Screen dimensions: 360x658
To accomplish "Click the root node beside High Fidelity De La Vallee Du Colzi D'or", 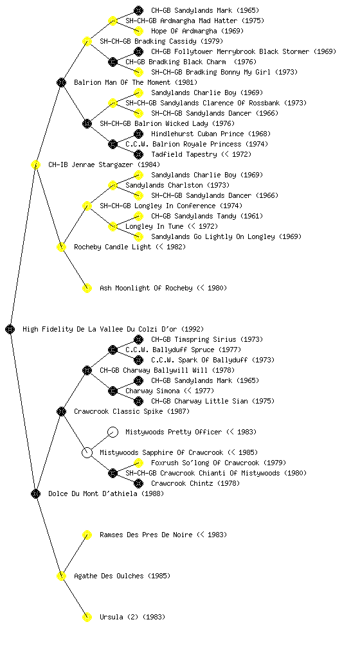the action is coord(10,329).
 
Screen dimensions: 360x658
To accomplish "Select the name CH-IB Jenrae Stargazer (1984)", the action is coord(104,164).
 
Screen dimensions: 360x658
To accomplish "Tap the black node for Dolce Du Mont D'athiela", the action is coord(35,493).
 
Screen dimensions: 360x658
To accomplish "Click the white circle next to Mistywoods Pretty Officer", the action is coord(113,432).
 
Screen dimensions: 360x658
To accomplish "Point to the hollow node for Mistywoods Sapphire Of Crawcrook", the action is coord(87,452).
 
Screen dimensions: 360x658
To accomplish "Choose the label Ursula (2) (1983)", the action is coord(132,617).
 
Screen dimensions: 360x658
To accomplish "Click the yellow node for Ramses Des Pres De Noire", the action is coord(87,535).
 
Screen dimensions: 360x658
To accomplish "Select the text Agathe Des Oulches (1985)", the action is coord(122,576).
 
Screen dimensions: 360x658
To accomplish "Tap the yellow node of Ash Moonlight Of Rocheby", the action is coord(87,288).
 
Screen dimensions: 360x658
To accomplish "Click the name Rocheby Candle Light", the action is coord(113,247).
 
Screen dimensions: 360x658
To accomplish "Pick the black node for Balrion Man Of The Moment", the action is coord(61,82).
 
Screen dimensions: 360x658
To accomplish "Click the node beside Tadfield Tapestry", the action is coord(138,154).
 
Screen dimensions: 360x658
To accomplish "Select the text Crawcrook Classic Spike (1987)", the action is coord(132,411).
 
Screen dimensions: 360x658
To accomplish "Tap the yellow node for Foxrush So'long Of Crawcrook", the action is coord(138,463).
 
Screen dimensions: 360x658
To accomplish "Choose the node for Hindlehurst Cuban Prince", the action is coord(138,134).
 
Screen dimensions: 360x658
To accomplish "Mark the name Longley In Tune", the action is coord(154,226).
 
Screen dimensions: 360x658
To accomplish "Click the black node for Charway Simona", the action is coord(113,391).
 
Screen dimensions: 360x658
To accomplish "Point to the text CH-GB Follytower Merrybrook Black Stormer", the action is coord(232,51).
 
